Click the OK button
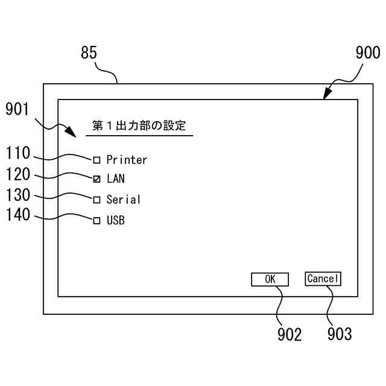coord(270,279)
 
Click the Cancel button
coord(323,279)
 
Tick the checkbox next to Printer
coord(96,160)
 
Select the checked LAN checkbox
coord(96,179)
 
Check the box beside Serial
coord(96,200)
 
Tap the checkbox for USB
coord(96,221)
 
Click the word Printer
coord(127,160)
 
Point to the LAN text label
coord(116,179)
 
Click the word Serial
coord(123,200)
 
